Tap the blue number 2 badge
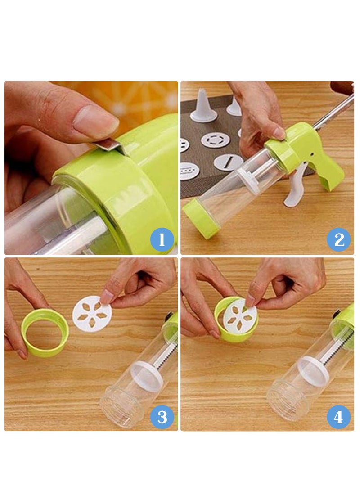339,239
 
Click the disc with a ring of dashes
215,140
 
